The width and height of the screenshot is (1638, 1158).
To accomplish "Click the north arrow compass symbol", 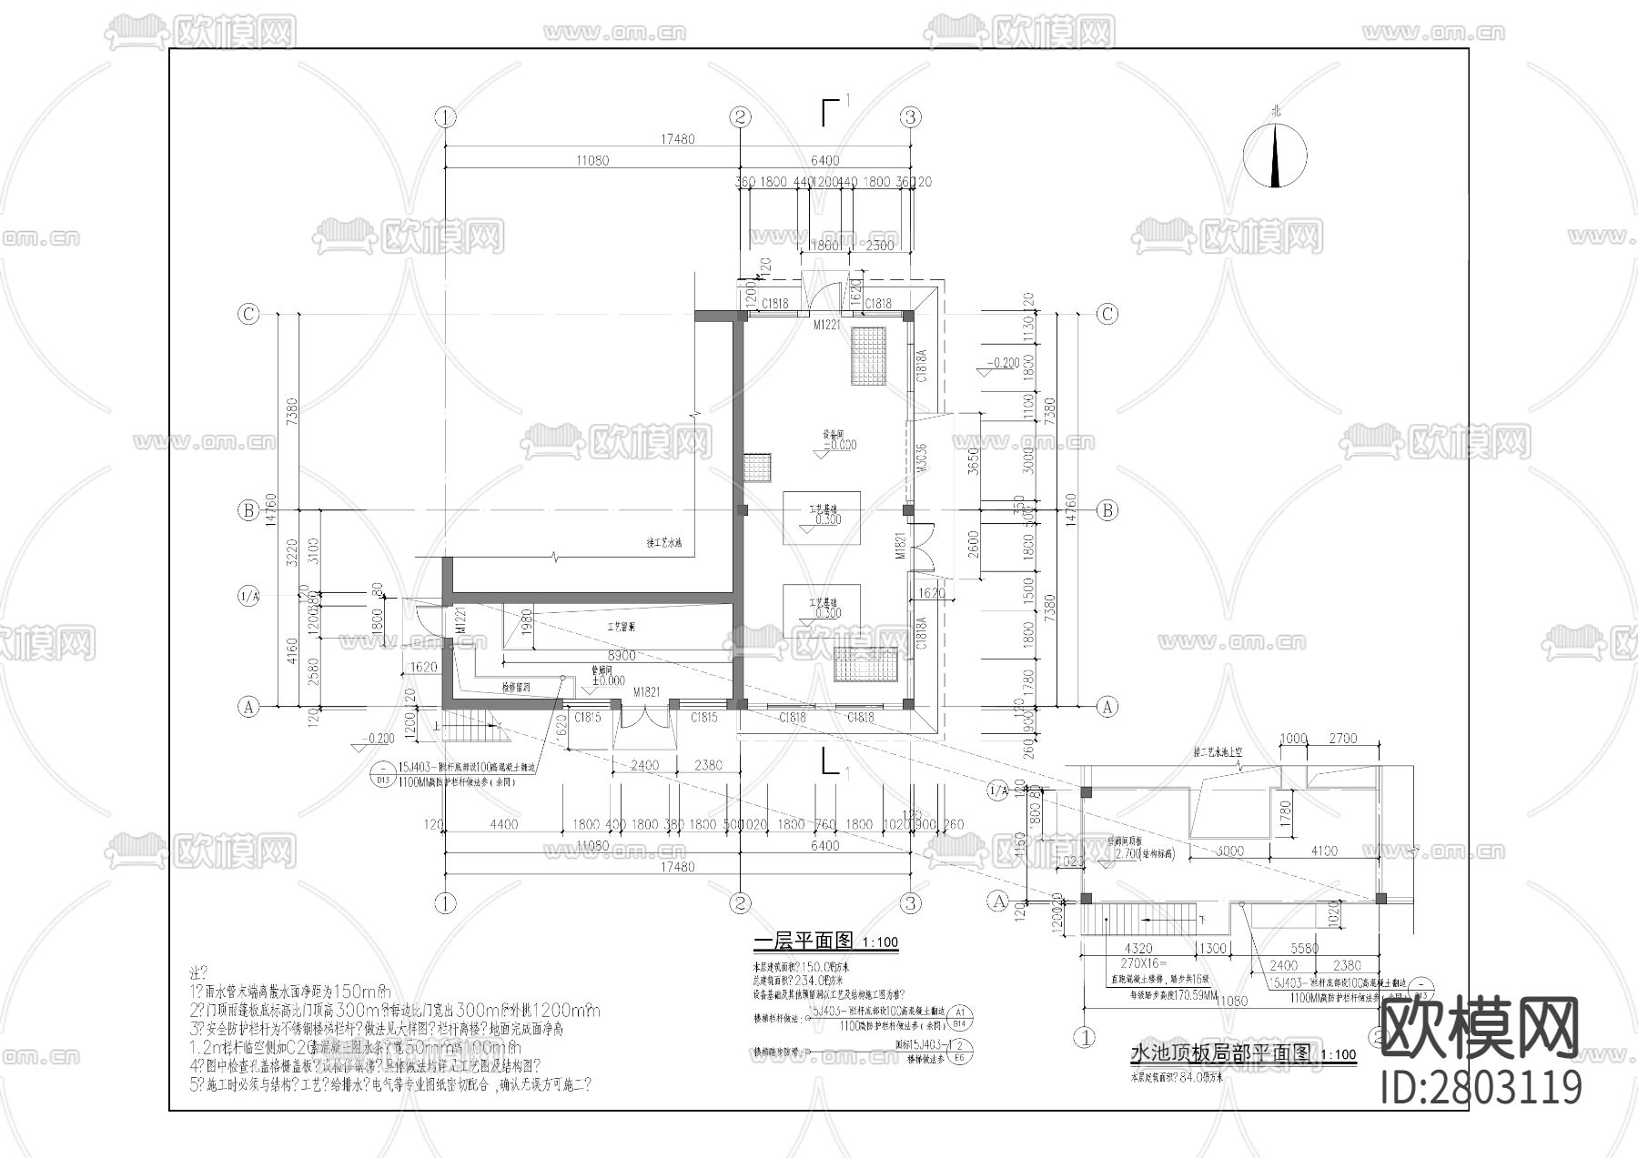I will (x=1276, y=155).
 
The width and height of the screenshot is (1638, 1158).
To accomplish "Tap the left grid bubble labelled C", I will (x=248, y=314).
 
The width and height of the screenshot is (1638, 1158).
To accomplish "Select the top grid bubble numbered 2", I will (x=740, y=116).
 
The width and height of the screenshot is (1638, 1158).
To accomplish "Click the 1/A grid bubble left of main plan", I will (x=248, y=597).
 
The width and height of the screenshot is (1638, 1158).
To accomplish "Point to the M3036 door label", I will (x=921, y=461).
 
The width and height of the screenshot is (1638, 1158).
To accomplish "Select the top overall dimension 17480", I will (x=677, y=139).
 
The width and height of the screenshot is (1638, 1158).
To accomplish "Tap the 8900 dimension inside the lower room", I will (x=622, y=655).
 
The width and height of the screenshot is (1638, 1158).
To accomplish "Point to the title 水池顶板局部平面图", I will (x=1220, y=1053).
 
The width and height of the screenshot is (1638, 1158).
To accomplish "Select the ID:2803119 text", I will (x=1481, y=1089).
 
